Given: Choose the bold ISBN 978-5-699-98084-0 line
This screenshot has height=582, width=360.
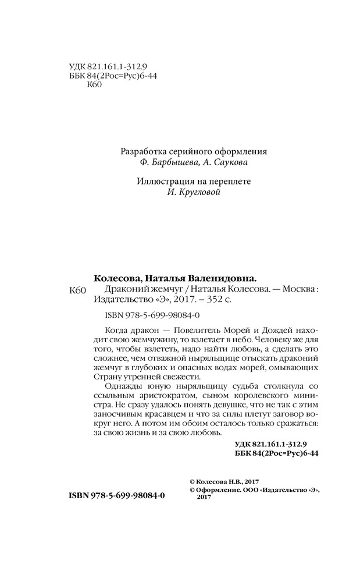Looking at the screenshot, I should point(117,495).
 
